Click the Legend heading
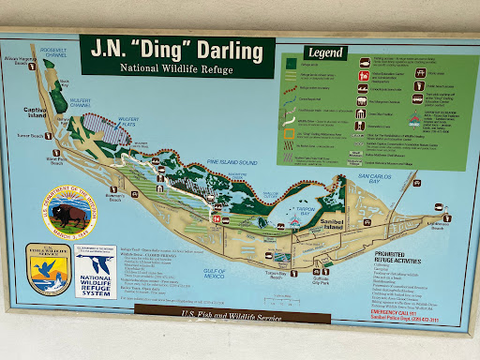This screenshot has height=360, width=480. click(323, 53)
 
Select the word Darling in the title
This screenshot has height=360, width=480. click(223, 51)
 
